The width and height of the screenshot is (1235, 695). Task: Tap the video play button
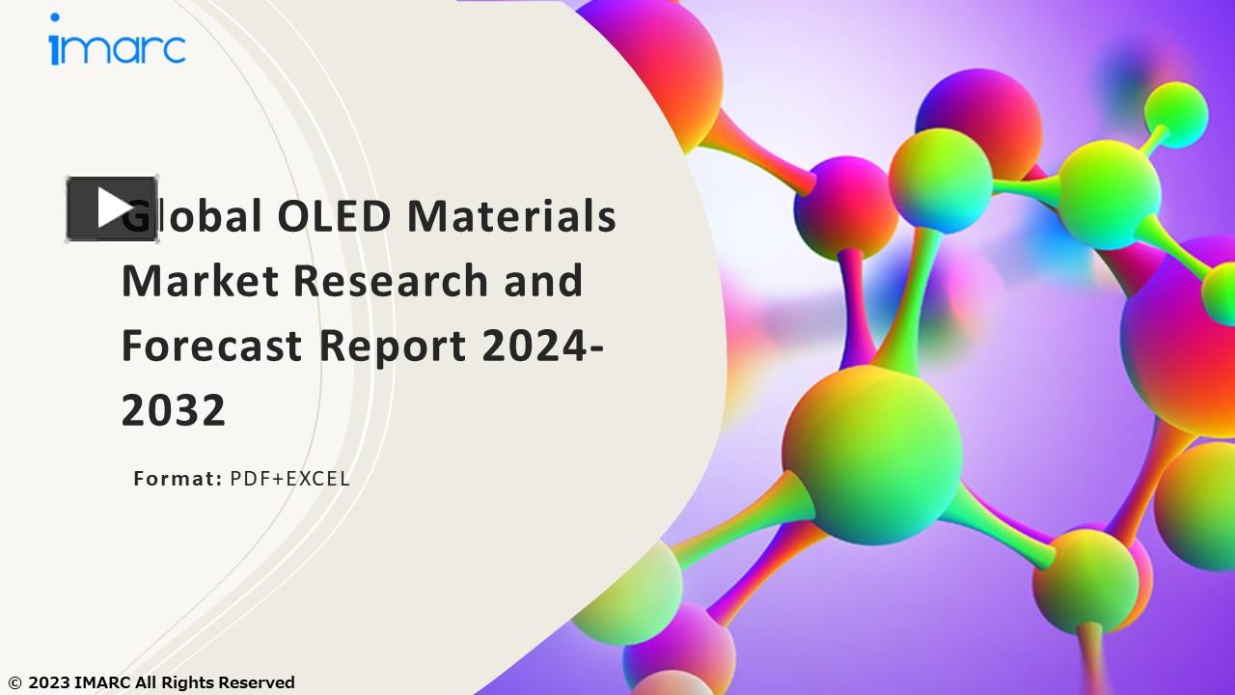[x=112, y=208]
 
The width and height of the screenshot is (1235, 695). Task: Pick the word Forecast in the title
[x=211, y=346]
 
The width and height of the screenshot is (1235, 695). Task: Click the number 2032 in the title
[x=174, y=411]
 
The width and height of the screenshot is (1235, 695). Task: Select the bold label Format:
[x=178, y=478]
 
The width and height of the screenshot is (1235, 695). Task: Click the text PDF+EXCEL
[x=289, y=478]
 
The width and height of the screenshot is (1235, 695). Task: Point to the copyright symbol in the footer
[x=14, y=683]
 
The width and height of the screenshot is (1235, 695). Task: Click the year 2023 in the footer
[x=48, y=683]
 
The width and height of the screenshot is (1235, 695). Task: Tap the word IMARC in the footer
[x=102, y=683]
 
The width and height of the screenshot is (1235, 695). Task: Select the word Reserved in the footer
[x=256, y=683]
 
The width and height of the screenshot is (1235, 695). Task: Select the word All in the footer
[x=146, y=683]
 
